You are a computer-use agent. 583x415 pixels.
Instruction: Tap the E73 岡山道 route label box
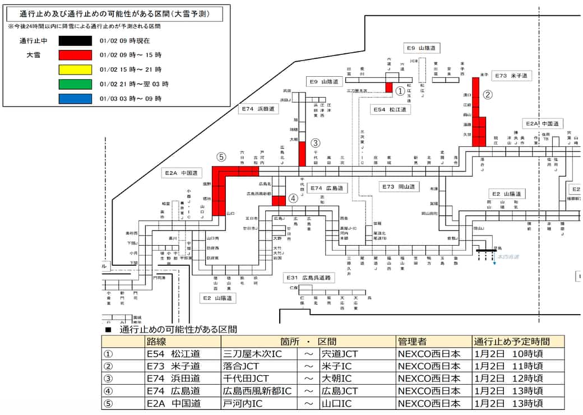point(398,186)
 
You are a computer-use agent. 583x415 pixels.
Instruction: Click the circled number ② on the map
point(488,95)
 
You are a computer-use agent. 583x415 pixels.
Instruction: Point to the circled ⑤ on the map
point(221,157)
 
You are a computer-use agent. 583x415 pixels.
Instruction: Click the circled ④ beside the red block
point(293,198)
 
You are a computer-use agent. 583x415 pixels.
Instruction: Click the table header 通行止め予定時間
point(511,341)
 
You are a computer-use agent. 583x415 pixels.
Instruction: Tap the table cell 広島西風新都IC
point(257,390)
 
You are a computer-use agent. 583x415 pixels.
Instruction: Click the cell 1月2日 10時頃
point(508,353)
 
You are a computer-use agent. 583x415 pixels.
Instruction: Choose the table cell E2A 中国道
point(174,403)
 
